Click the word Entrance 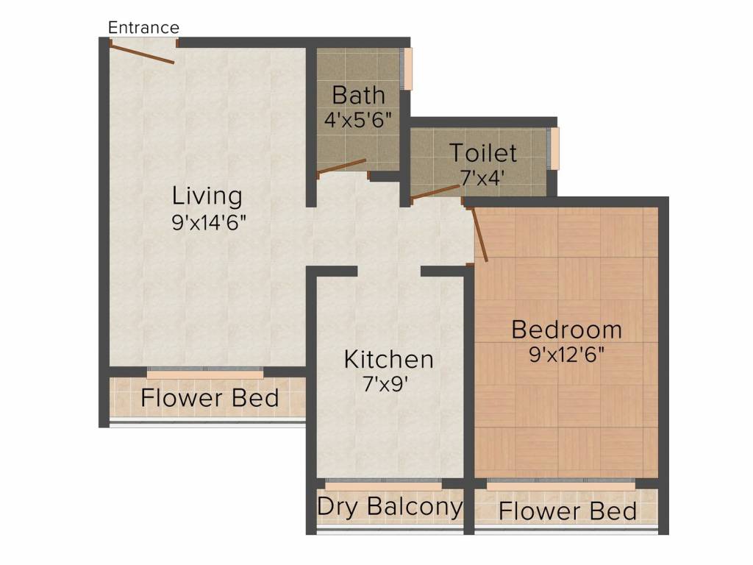(143, 28)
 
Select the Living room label (207, 196)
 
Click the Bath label (358, 95)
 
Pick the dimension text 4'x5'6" (358, 118)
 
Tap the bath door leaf (341, 167)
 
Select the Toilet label (483, 153)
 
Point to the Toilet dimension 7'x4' (483, 177)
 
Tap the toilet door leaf (435, 192)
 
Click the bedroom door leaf (479, 234)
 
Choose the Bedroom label (566, 329)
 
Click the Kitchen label (389, 360)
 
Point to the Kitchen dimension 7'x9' (389, 385)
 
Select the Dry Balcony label (390, 507)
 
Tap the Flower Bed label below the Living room (210, 399)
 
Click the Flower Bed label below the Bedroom (567, 511)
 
